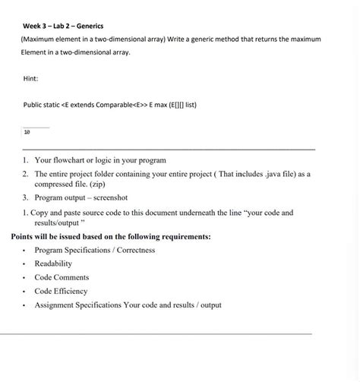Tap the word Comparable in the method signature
point(109,103)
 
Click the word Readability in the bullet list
point(53,264)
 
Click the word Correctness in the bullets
point(131,250)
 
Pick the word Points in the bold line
point(24,237)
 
